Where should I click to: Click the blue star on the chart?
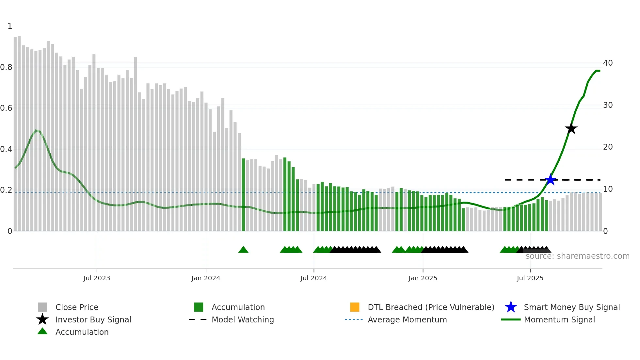pyautogui.click(x=551, y=180)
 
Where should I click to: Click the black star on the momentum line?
pyautogui.click(x=571, y=129)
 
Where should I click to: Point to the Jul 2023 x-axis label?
pyautogui.click(x=97, y=278)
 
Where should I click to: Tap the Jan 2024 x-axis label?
pyautogui.click(x=206, y=278)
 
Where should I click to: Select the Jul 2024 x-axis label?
pyautogui.click(x=313, y=278)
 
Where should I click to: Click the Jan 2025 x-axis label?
pyautogui.click(x=423, y=278)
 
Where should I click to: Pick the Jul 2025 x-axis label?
pyautogui.click(x=530, y=278)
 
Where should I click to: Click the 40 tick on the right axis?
pyautogui.click(x=608, y=63)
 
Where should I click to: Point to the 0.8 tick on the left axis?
pyautogui.click(x=7, y=67)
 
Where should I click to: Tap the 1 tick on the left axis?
pyautogui.click(x=10, y=26)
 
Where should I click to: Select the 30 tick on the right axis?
pyautogui.click(x=608, y=105)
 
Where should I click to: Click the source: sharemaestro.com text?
pyautogui.click(x=577, y=256)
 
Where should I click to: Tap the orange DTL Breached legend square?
pyautogui.click(x=355, y=307)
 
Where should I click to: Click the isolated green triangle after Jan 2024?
pyautogui.click(x=243, y=250)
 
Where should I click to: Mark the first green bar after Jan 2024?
pyautogui.click(x=243, y=195)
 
